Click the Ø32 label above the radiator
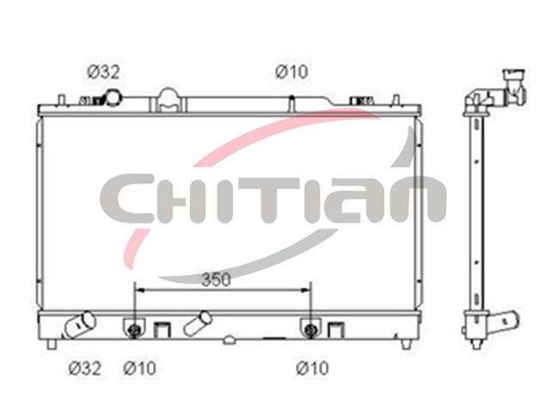click(x=103, y=72)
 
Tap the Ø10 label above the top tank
click(x=291, y=72)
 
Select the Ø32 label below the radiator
click(x=84, y=368)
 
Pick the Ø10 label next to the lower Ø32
click(x=139, y=368)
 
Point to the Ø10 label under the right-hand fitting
click(x=313, y=368)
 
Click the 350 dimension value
click(x=216, y=280)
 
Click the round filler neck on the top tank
click(x=113, y=97)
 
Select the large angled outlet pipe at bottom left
click(x=80, y=325)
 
